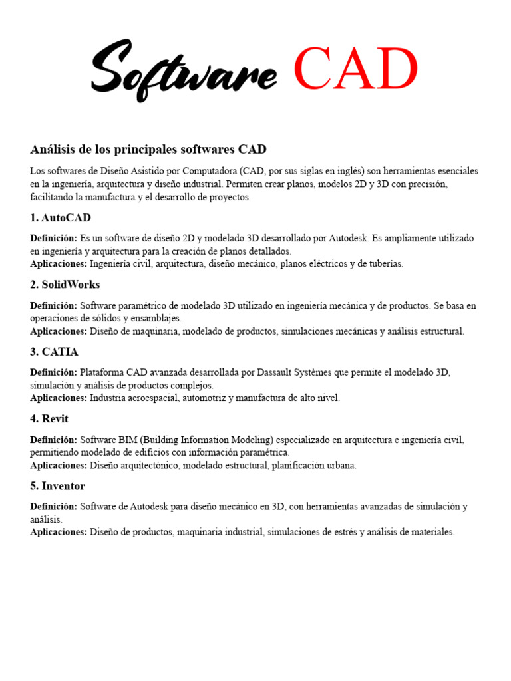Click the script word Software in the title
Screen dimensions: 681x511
click(184, 70)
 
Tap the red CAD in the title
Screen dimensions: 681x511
click(355, 69)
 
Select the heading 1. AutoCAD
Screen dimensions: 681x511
click(61, 217)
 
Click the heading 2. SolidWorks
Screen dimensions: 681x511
click(65, 285)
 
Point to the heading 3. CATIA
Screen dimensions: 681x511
click(54, 352)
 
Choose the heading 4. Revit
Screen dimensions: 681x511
click(49, 419)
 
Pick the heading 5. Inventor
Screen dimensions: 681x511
click(58, 486)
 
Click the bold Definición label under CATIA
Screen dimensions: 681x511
click(54, 372)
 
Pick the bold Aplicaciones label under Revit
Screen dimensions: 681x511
click(59, 465)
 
